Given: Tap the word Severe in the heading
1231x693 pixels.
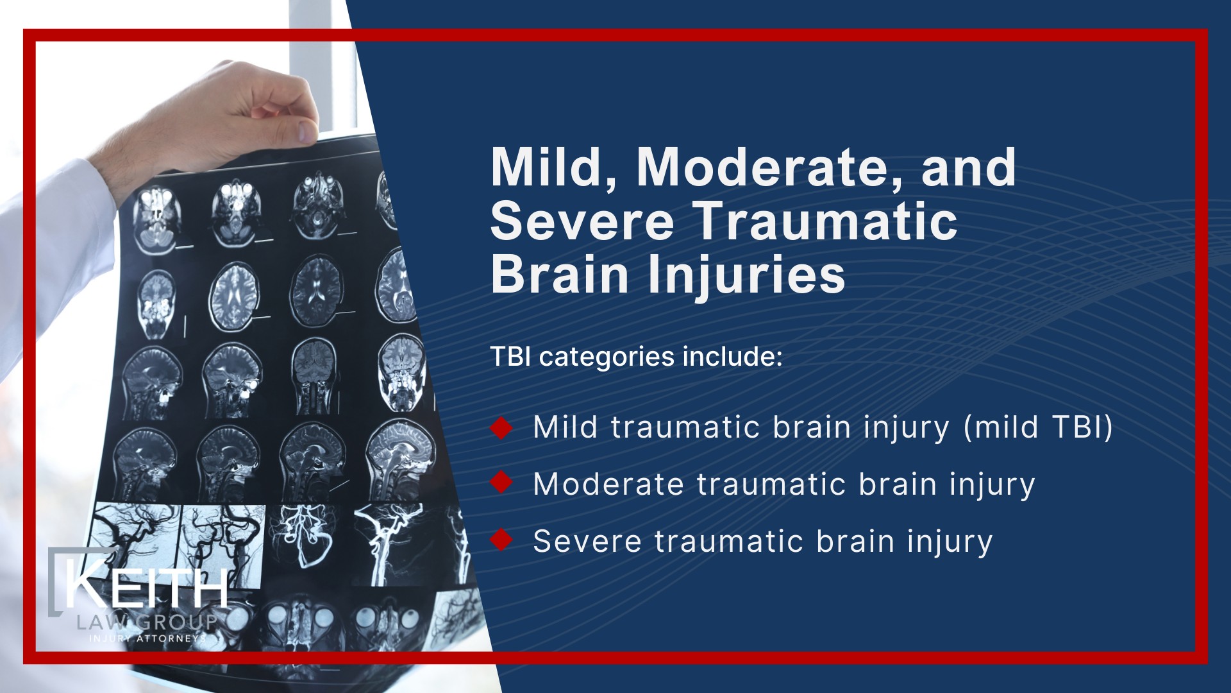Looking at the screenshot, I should pos(582,221).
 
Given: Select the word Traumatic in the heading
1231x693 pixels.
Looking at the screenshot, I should pos(826,221).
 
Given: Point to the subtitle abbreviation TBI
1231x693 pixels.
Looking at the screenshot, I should pos(511,357).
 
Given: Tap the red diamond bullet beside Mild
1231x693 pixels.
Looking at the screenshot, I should pos(501,428).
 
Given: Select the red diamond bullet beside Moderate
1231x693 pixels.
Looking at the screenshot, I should pos(501,483).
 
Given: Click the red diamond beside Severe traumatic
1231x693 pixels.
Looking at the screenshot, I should pos(501,540).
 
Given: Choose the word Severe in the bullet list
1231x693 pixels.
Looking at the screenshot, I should pos(587,541).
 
